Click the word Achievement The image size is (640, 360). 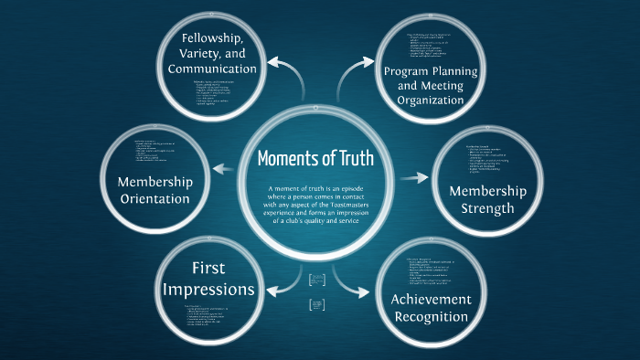click(431, 300)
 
